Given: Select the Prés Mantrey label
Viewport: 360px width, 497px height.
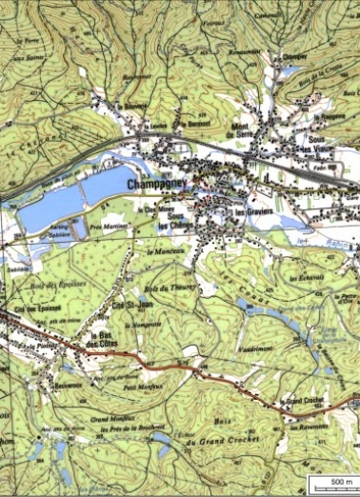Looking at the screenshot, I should pos(108,227).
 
